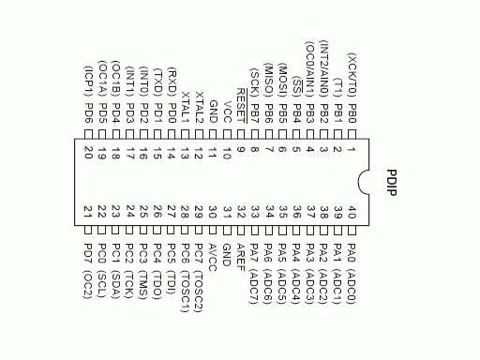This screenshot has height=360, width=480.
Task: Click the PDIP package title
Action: click(x=392, y=181)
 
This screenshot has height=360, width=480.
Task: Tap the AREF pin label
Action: click(x=241, y=256)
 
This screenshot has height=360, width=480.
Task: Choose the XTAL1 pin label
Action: click(x=185, y=106)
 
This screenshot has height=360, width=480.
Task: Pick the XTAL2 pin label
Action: click(x=199, y=106)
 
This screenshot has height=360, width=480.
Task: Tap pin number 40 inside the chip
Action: click(x=352, y=211)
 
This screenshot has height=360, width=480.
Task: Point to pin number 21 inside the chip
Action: click(x=88, y=211)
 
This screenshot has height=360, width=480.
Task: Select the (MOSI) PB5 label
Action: click(x=282, y=91)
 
